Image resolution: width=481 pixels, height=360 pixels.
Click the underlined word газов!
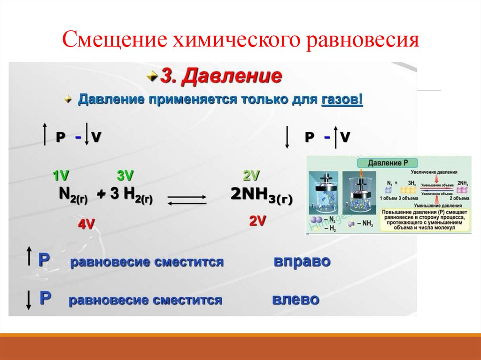[x=342, y=100]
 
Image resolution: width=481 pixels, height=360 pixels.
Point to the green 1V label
[x=61, y=176]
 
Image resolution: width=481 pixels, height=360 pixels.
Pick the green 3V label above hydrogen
[x=125, y=176]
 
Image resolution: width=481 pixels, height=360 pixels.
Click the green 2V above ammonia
[x=251, y=176]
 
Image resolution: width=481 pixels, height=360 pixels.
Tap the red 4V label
[x=86, y=224]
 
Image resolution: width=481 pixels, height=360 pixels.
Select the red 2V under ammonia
[x=258, y=222]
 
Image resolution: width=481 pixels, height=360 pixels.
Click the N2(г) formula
[x=73, y=195]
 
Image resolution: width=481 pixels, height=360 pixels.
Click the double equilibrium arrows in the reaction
[x=187, y=199]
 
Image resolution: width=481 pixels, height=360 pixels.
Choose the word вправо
[x=302, y=261]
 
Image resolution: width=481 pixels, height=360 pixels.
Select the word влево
[x=296, y=299]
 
